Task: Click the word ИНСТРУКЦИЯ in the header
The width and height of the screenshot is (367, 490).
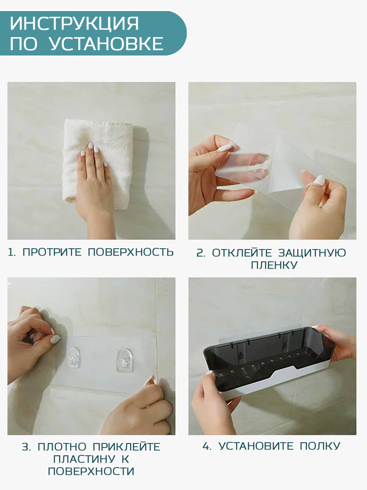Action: click(x=75, y=23)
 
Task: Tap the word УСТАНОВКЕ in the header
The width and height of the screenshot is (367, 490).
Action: click(x=106, y=44)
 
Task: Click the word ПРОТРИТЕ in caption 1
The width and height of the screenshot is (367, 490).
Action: click(x=52, y=252)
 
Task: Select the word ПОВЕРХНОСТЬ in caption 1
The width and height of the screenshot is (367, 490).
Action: click(x=130, y=252)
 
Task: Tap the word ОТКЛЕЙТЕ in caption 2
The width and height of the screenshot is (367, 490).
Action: click(x=242, y=253)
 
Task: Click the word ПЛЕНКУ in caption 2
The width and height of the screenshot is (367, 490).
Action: click(x=274, y=265)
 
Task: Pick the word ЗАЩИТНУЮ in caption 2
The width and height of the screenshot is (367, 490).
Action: click(x=312, y=253)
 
